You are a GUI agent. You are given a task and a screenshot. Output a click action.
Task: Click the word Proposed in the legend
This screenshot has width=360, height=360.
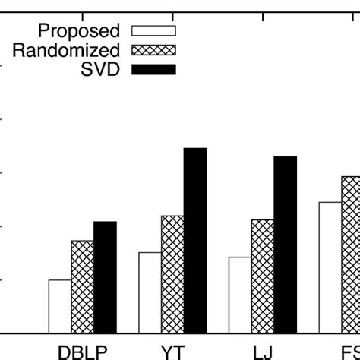[x=78, y=31]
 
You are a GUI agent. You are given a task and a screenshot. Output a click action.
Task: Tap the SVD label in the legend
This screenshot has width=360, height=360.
[x=101, y=69]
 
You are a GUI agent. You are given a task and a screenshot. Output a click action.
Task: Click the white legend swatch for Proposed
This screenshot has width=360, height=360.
[x=153, y=31]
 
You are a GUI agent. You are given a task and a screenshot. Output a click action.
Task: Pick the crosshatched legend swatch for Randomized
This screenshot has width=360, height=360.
[x=153, y=50]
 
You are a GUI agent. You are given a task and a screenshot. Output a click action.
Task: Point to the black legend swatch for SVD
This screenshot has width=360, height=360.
[x=153, y=69]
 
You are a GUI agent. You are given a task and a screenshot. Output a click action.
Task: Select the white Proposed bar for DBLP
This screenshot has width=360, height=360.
[x=60, y=306]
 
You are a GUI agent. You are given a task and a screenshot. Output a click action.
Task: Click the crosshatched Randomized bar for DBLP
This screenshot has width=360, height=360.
[x=83, y=286]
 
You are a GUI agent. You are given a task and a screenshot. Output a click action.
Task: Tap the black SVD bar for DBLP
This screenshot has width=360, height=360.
[x=105, y=276]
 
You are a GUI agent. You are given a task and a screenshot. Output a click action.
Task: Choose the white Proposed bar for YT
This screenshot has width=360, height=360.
[x=150, y=292]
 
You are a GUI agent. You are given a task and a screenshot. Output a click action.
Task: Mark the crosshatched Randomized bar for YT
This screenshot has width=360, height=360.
[x=172, y=274]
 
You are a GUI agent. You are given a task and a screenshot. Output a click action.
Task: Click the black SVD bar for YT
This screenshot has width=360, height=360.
[x=195, y=240]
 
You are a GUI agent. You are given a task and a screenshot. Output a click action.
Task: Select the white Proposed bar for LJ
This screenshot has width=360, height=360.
[x=240, y=295]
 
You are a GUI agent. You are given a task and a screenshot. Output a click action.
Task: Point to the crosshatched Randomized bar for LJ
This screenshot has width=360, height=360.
[x=263, y=276]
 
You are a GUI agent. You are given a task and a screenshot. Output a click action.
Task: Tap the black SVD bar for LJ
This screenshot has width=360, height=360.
[x=285, y=244]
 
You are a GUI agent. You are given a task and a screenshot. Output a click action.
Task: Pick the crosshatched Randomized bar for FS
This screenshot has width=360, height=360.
[x=350, y=254]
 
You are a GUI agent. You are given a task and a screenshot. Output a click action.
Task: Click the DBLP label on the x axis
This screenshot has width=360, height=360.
[x=83, y=352]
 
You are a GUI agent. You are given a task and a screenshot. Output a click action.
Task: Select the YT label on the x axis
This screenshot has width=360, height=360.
[x=172, y=352]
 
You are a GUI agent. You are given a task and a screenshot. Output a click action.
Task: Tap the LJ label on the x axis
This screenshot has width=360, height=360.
[x=263, y=352]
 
